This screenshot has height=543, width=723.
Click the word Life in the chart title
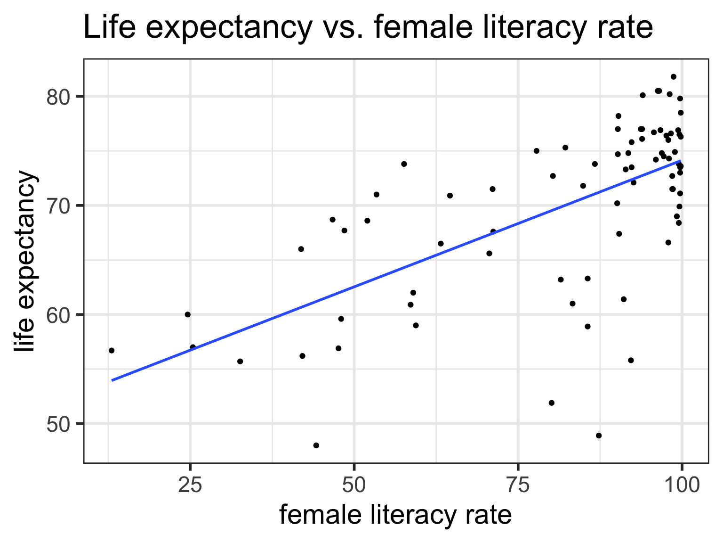pos(105,27)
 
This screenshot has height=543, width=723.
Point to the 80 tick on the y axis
pos(58,97)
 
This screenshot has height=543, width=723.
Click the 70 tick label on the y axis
pos(58,206)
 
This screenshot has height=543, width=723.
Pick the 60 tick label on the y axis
pos(58,315)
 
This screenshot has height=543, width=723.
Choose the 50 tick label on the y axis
pos(58,424)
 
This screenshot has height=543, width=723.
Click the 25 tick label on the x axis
pos(190,485)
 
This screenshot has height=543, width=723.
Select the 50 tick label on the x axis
pos(354,485)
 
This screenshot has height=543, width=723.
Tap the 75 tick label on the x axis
pos(518,485)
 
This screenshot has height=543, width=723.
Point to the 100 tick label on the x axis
pos(681,485)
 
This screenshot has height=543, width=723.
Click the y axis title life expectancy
pos(24,261)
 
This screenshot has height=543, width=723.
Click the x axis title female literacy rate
pos(395,515)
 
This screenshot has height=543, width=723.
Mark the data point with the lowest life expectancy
pos(316,445)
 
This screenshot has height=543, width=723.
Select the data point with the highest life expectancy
pos(674,77)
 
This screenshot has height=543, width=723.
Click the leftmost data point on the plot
pos(112,351)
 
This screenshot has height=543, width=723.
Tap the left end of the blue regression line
pos(112,380)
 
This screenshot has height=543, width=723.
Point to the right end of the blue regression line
pos(680,161)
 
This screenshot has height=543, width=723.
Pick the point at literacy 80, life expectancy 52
pos(552,403)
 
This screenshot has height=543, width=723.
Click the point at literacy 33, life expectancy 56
pos(240,362)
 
